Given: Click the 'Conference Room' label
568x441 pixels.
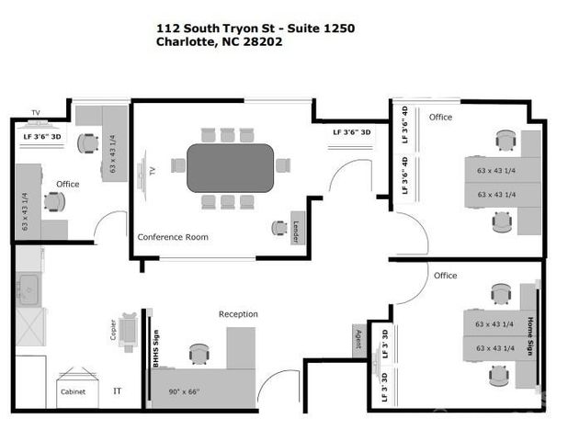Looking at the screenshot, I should (x=173, y=237).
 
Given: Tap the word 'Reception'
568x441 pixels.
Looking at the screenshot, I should (x=238, y=314).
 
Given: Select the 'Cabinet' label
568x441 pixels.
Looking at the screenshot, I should (x=73, y=391).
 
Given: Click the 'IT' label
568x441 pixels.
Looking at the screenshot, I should (x=118, y=391).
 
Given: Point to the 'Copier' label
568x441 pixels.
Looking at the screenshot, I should (x=114, y=330).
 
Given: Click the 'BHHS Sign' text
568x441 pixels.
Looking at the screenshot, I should (x=156, y=348).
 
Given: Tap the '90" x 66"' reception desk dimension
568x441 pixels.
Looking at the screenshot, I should (x=191, y=391).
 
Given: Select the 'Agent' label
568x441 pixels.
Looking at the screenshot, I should (x=358, y=339).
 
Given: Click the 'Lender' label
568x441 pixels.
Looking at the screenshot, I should (x=297, y=228).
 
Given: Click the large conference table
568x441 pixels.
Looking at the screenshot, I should (x=230, y=167).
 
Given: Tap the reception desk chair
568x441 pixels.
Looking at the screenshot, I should (x=199, y=353).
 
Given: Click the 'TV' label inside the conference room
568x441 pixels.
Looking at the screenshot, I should (x=151, y=170).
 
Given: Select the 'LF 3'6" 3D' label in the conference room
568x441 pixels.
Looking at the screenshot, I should (x=352, y=132).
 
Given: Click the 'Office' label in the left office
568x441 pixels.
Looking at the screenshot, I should (x=68, y=184).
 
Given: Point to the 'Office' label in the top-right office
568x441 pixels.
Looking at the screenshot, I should (x=440, y=117).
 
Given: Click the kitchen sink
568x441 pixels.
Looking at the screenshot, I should (x=28, y=288).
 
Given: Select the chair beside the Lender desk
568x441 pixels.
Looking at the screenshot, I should (x=278, y=227).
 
